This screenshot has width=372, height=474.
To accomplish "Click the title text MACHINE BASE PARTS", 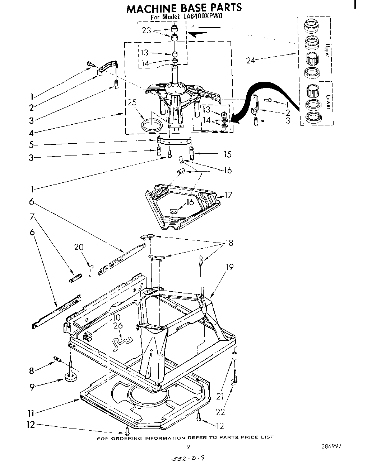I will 183,8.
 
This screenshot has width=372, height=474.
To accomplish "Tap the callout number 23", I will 146,31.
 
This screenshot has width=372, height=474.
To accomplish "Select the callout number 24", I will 251,60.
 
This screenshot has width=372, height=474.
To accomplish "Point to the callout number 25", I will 132,103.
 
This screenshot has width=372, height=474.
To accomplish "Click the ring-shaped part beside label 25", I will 151,126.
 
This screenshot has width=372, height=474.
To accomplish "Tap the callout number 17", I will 228,196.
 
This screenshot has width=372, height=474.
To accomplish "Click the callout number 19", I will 229,267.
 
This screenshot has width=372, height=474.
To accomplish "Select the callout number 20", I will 79,247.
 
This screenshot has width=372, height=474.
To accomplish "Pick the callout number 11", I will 32,413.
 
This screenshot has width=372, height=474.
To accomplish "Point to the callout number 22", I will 220,412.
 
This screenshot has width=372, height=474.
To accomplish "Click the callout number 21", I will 220,396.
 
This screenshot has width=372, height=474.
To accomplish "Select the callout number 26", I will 118,326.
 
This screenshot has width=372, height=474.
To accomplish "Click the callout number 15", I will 227,154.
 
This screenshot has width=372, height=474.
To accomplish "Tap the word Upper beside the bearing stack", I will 327,50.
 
